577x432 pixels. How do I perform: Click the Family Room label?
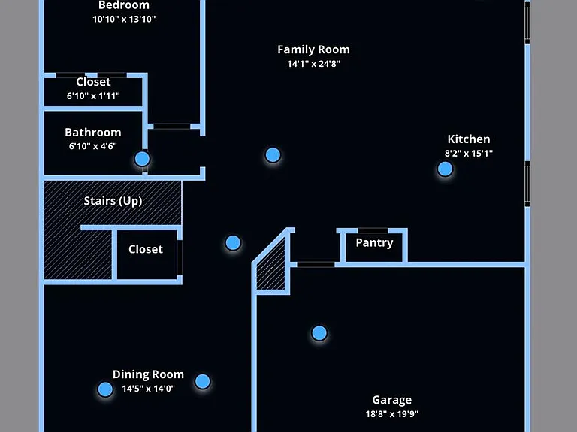point(313,49)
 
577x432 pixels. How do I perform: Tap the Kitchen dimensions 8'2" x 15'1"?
point(469,154)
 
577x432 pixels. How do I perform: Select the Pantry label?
point(374,243)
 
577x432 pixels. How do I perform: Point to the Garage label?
point(392,400)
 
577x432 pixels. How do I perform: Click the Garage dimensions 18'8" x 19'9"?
point(392,414)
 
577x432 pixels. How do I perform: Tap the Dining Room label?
point(148,374)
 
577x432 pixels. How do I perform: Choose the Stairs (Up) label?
point(113,201)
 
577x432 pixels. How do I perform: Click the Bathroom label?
point(93,133)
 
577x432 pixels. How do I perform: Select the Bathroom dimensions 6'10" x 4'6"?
point(93,146)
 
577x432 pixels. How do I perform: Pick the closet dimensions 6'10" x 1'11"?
point(93,96)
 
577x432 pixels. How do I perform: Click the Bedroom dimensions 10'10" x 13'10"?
point(124,19)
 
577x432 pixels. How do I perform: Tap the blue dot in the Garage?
point(319,333)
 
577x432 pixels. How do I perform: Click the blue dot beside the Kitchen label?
point(445,169)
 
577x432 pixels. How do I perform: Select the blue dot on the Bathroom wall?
point(143,159)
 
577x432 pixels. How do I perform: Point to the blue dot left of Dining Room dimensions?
point(105,389)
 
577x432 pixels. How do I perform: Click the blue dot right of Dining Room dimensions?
point(202,381)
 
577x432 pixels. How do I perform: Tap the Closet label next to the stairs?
point(146,249)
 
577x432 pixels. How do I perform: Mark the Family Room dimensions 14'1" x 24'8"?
point(313,64)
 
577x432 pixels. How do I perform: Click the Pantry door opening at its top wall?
point(373,231)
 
